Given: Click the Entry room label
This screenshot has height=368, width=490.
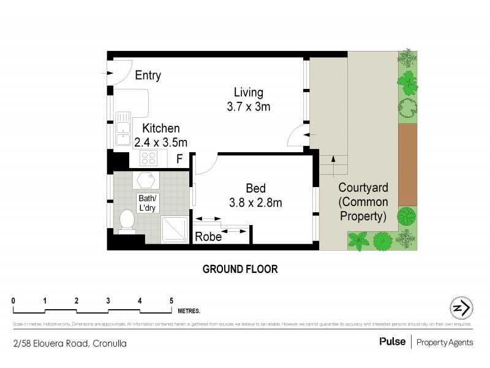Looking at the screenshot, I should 148,75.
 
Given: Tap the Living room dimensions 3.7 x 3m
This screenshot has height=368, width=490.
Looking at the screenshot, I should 248,106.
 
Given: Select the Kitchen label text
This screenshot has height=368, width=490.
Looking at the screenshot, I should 161,128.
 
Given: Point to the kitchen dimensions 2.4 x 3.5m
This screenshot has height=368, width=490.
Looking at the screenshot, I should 160,142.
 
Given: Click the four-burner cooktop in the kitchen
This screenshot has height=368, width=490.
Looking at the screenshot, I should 149,159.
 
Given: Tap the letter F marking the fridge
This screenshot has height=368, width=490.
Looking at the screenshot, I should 179,159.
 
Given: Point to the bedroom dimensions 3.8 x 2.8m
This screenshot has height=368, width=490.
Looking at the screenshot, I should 255,201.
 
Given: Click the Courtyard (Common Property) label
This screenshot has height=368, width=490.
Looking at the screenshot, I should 362,201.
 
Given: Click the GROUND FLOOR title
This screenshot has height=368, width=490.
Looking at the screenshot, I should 240,269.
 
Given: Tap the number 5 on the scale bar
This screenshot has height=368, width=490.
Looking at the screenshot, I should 171,301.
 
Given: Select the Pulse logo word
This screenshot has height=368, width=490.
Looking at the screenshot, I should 392,342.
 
